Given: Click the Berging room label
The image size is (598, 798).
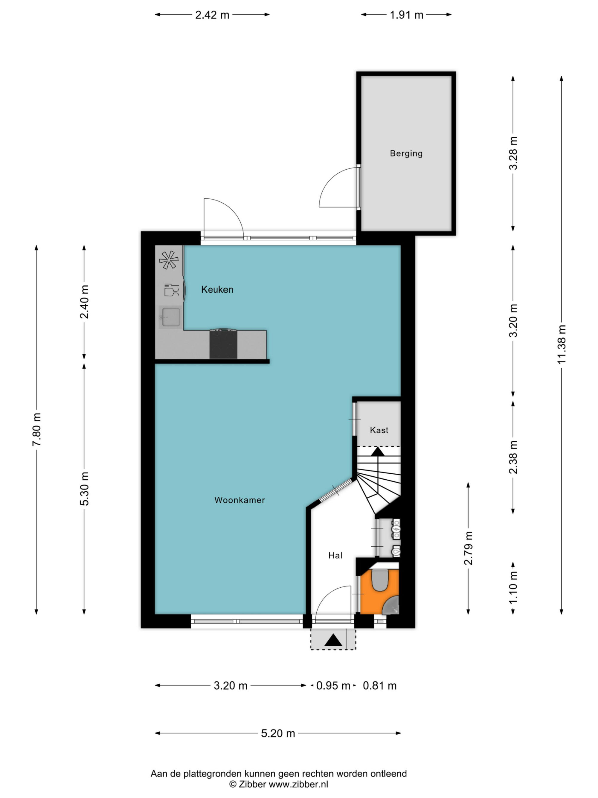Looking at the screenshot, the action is point(406,153).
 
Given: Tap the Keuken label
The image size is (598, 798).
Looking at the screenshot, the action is point(217,289).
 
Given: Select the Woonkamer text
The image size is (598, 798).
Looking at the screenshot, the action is point(239,500).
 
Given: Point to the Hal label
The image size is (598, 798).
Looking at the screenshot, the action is point(335,556).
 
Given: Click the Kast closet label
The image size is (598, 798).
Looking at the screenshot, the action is point(379,430).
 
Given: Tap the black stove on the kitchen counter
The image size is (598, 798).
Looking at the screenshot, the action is point(223,344).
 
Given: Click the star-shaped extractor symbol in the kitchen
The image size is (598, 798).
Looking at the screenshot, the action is point(169,260).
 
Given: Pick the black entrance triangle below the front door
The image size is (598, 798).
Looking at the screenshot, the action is point(333,640).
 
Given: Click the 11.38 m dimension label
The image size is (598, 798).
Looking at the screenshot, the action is point(561,344).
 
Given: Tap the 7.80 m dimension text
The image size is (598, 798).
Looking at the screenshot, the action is point(36,430).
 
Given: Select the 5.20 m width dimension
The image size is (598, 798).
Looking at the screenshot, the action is point(278,733).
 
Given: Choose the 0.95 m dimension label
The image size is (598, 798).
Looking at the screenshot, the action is point(333,685).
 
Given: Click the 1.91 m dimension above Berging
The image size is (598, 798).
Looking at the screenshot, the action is point(406,15).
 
